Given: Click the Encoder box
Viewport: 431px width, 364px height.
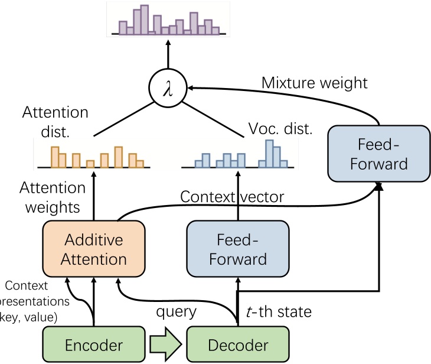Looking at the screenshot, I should tap(94, 345).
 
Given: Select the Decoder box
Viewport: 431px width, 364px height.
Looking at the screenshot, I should tap(238, 345).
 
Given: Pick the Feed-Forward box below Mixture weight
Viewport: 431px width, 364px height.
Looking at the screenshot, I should tap(378, 153).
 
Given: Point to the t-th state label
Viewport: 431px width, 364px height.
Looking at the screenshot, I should tap(277, 312).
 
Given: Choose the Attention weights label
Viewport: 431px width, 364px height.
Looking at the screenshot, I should tap(52, 198).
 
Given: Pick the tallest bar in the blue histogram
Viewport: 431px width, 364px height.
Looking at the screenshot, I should tap(270, 154).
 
